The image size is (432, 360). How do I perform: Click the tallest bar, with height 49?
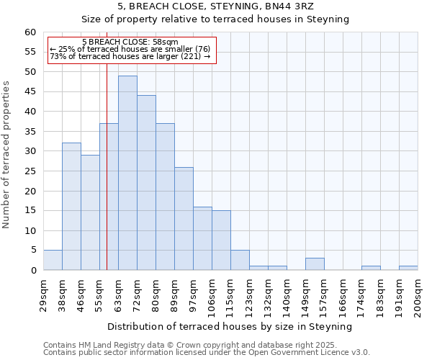tap(127, 173)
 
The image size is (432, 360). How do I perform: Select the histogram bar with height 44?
tap(146, 183)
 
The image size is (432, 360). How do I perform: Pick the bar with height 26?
tap(184, 219)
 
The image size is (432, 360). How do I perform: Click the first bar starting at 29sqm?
tap(53, 260)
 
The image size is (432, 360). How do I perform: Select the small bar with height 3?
tap(315, 264)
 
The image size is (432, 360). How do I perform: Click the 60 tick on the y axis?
tap(30, 32)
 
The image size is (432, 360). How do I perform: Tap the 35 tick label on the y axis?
tap(30, 132)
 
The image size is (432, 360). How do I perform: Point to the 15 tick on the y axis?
tap(30, 211)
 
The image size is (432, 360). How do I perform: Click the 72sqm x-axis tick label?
tap(138, 293)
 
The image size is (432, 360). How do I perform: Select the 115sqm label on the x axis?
tap(231, 293)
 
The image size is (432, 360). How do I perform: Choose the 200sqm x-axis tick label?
tap(418, 293)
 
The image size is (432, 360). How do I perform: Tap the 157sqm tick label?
tap(325, 293)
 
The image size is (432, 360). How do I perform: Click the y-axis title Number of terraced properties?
tap(7, 155)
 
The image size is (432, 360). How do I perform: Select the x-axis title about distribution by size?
tap(230, 326)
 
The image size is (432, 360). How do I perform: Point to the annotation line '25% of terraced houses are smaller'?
tap(130, 49)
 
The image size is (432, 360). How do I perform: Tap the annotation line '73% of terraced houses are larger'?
tap(130, 56)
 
